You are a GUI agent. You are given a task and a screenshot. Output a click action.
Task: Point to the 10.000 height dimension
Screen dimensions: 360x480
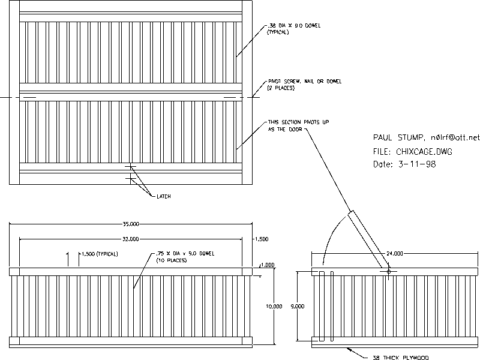(x=274, y=307)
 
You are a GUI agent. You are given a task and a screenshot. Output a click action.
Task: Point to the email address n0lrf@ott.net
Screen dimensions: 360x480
(x=455, y=138)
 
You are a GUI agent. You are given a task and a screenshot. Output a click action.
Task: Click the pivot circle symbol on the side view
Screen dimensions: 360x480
(x=388, y=272)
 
